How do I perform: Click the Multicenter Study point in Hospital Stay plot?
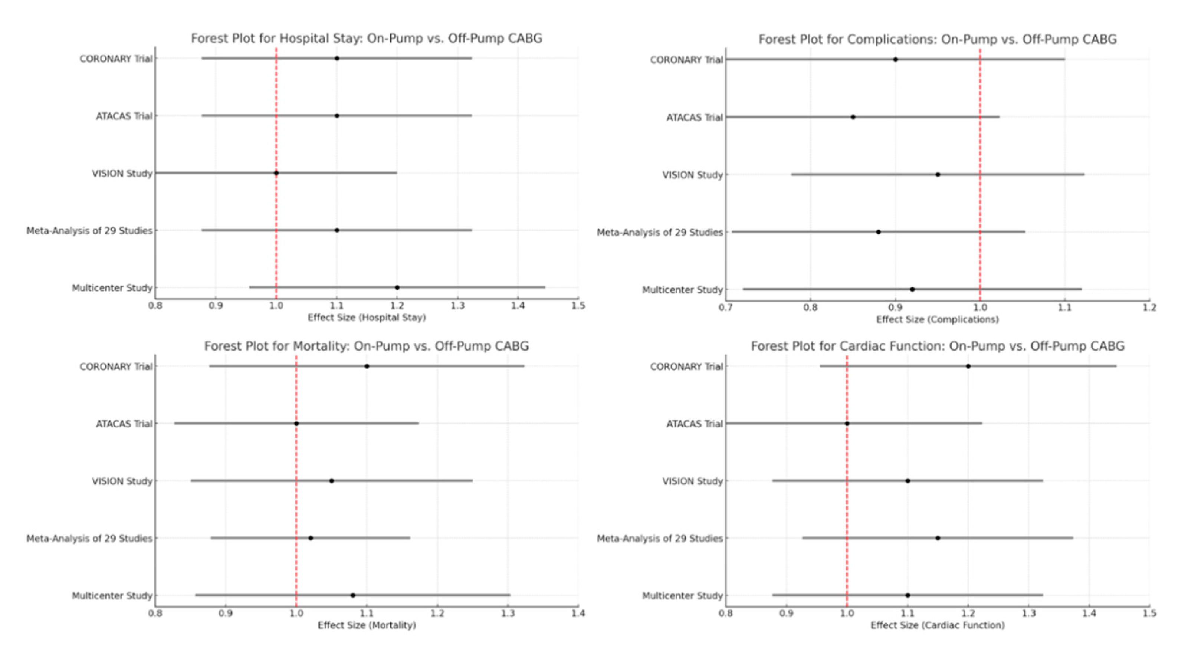(x=397, y=287)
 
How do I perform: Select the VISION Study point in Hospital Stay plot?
(x=276, y=173)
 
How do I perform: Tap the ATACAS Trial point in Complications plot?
(x=853, y=117)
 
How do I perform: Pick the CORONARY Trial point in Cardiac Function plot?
(x=968, y=366)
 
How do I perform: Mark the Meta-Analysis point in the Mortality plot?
(x=311, y=538)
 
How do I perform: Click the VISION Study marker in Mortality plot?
(x=332, y=481)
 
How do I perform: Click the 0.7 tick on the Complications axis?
(x=726, y=308)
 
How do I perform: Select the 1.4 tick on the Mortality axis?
(x=578, y=614)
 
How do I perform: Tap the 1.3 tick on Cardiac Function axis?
(x=1028, y=614)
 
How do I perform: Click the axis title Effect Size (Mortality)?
(x=367, y=625)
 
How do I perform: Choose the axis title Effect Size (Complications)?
(x=937, y=319)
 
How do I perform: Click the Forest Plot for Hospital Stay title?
(x=367, y=38)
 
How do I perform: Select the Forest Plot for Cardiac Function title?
(x=938, y=346)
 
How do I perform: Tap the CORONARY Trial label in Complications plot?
(x=686, y=60)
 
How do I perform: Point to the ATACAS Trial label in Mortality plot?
(x=124, y=424)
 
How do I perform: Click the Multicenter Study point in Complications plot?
(x=912, y=289)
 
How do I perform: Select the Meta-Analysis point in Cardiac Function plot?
(x=938, y=538)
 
